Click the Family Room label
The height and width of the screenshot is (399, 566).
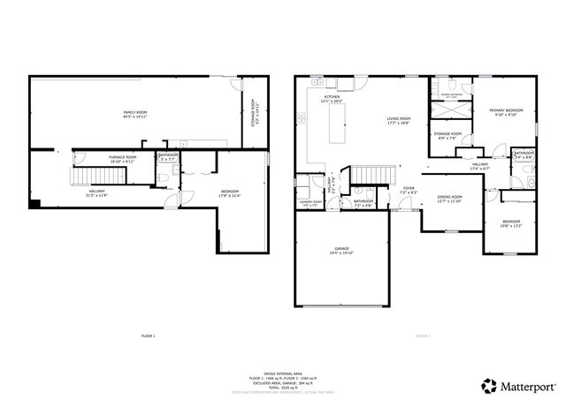(135, 115)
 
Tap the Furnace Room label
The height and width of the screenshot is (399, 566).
(97, 159)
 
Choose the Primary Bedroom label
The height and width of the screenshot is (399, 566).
(502, 112)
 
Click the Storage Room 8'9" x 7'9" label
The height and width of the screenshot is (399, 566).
(447, 135)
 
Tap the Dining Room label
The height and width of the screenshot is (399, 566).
(449, 199)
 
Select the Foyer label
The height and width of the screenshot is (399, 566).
(409, 190)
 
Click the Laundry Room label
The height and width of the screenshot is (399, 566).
(310, 203)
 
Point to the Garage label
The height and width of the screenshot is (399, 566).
(341, 252)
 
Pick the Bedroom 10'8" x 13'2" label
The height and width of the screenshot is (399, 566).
(512, 223)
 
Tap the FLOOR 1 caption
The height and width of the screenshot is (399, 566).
(148, 336)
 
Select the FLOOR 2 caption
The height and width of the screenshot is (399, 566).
(423, 336)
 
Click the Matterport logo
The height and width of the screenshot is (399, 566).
(519, 384)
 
